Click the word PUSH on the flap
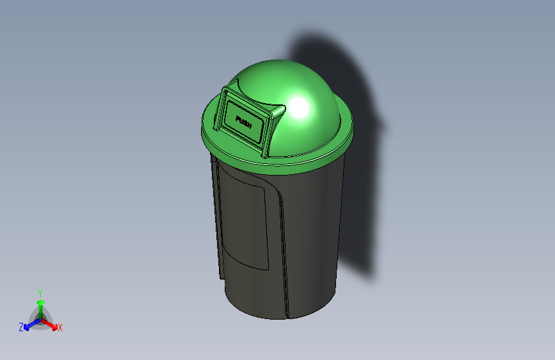245,122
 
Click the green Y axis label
40,292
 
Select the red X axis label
60,328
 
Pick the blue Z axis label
21,327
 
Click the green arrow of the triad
40,304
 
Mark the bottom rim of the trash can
275,316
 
